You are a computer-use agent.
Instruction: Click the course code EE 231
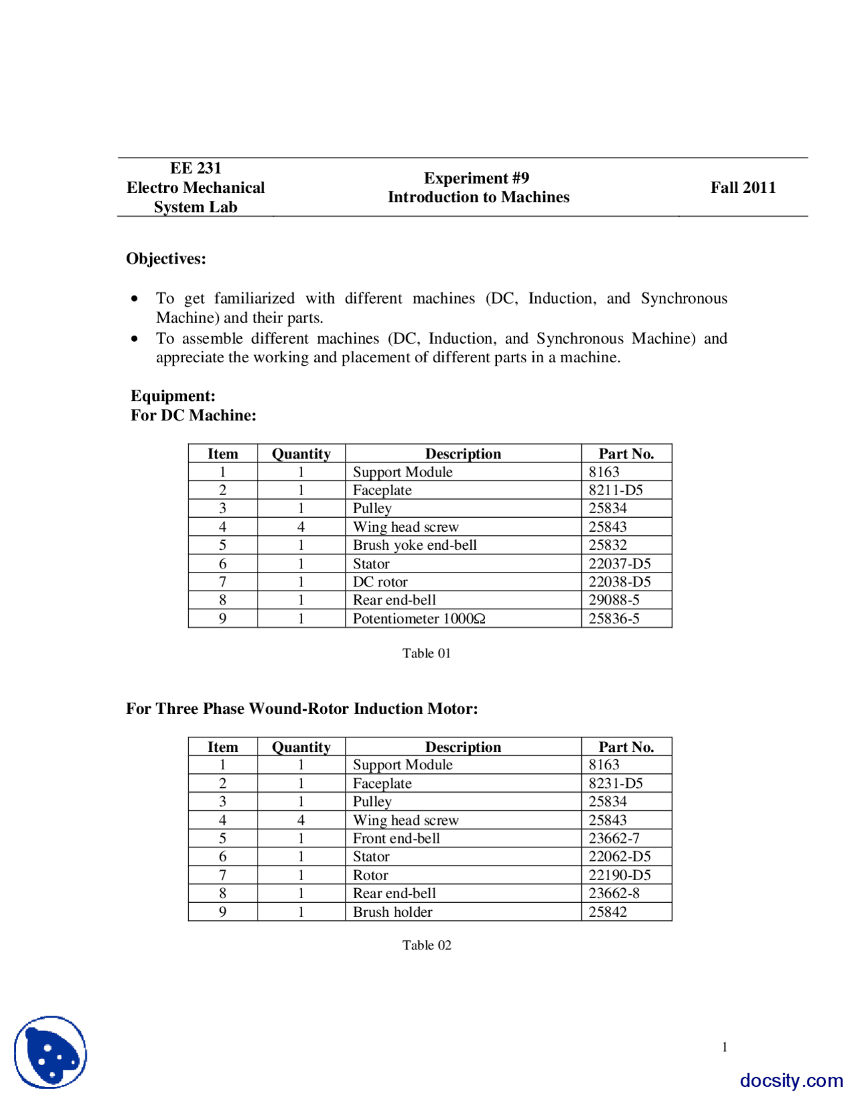click(x=195, y=168)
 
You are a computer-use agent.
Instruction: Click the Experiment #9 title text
click(x=476, y=178)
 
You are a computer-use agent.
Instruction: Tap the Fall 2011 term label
click(x=743, y=188)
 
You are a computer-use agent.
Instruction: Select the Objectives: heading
click(x=166, y=259)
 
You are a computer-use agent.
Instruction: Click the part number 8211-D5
click(x=615, y=490)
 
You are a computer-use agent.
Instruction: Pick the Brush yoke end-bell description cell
click(x=414, y=545)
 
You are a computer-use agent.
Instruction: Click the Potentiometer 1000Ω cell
click(x=418, y=619)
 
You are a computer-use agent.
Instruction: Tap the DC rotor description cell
click(x=380, y=582)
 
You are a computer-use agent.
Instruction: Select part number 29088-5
click(x=613, y=600)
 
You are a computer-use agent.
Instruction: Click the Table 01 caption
click(x=426, y=653)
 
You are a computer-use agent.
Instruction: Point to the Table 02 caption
click(x=426, y=945)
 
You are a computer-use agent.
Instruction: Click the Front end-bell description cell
click(x=396, y=839)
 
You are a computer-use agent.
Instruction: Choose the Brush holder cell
click(x=392, y=912)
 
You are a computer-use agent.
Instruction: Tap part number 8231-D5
click(x=615, y=783)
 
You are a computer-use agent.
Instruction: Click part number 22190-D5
click(x=619, y=875)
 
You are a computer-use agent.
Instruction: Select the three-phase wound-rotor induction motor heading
click(x=302, y=709)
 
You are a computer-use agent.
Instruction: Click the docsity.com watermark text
click(x=791, y=1080)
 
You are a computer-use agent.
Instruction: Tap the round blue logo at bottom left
click(x=51, y=1052)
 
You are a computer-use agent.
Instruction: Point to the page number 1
click(x=725, y=1047)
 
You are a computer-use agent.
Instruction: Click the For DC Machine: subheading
click(x=193, y=416)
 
